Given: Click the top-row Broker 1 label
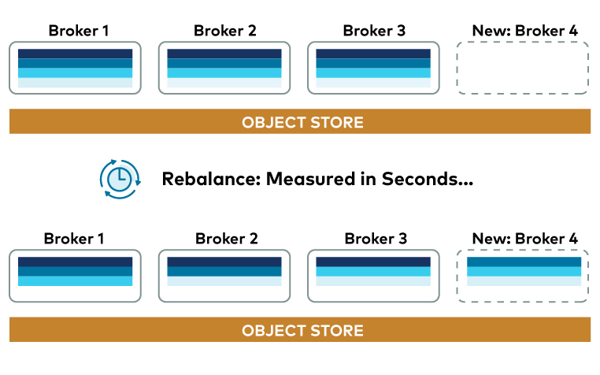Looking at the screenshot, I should click(78, 32).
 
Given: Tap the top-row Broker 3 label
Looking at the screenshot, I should click(374, 32).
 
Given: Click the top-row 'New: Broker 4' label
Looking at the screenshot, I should click(524, 32).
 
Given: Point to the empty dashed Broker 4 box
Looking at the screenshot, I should click(523, 68).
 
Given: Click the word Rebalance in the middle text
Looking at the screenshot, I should click(209, 179).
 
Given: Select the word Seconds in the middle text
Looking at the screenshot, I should click(427, 179).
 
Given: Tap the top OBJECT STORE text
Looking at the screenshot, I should click(302, 122).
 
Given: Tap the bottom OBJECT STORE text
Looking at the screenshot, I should click(302, 330).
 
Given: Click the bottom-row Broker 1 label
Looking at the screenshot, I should click(74, 239).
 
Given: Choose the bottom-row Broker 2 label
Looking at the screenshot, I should click(226, 239).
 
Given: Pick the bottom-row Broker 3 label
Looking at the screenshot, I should click(376, 239).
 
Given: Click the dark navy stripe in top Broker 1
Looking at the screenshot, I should click(75, 54).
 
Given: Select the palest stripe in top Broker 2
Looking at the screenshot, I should click(224, 83).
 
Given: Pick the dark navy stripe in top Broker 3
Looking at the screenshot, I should click(373, 54).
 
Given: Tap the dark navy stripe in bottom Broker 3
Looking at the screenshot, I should click(373, 261).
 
